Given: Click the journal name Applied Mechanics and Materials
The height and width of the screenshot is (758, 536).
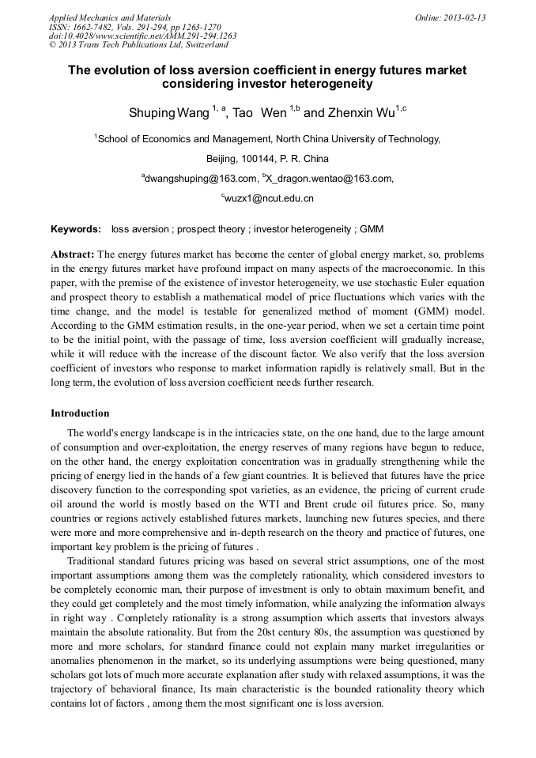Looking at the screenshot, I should point(110,17).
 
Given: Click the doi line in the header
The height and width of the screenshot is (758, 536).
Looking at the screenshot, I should point(142,36).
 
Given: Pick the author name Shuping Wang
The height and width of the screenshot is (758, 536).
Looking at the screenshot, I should point(169,113).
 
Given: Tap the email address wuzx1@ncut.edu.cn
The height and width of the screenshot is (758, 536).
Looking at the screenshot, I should point(270,198).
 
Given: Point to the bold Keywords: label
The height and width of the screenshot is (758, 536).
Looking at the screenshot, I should point(76,229).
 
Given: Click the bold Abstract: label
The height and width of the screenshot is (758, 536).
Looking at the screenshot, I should point(73,255).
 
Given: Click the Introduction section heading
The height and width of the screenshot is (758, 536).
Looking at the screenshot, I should point(80,413).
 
